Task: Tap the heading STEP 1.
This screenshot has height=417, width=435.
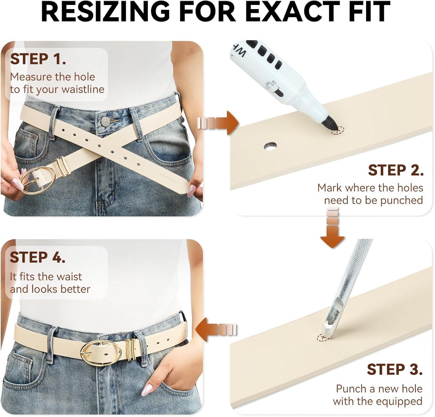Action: [38, 59]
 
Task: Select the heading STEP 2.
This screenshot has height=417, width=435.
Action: [396, 170]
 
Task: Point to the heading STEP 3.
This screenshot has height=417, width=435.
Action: [395, 369]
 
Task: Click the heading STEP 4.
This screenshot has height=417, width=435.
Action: [37, 257]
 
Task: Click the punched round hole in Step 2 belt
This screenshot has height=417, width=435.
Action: [270, 146]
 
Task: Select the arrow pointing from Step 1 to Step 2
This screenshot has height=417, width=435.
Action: [218, 123]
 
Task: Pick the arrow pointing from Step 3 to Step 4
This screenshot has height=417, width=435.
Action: [216, 330]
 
